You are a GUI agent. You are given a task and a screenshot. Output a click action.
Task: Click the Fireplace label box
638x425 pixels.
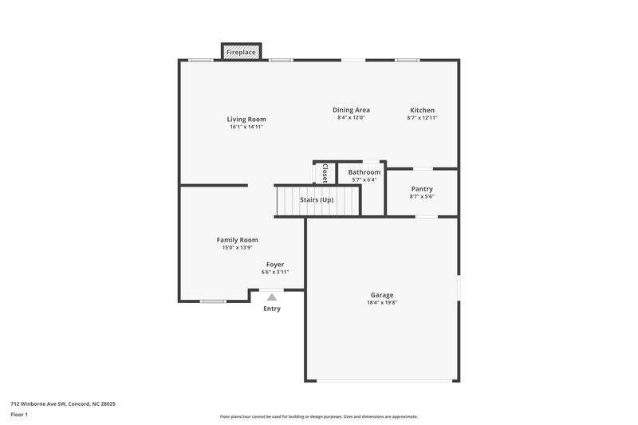pos(241,53)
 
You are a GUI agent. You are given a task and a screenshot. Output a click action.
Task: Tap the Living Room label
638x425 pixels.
pos(246,120)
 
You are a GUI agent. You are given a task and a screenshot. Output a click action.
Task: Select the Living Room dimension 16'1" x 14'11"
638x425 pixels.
pos(246,127)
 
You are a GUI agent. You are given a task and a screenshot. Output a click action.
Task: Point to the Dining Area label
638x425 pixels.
pos(351,110)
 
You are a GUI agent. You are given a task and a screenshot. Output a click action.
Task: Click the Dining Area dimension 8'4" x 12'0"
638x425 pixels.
pos(351,118)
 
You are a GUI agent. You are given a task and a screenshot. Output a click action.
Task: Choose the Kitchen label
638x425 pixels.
pos(423,110)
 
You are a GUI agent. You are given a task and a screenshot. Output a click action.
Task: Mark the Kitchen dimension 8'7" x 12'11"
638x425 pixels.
pos(423,118)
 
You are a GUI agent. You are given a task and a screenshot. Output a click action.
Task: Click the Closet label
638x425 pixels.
pos(325,173)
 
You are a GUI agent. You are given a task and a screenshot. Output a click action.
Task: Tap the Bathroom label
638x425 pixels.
pos(364,172)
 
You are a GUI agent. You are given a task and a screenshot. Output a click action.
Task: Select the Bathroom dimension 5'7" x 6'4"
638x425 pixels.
pos(364,180)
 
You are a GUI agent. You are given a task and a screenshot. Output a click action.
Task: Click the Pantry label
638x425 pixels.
pos(422,189)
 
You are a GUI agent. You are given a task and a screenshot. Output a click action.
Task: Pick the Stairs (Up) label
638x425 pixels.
pos(317,199)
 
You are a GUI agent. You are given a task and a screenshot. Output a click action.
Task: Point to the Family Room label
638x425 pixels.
pos(238,240)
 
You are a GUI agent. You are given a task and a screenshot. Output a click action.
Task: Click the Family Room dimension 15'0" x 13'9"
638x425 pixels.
pos(238,248)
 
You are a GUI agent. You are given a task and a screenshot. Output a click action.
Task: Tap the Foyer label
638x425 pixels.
pos(275,265)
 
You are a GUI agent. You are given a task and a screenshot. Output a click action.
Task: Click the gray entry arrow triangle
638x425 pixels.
pos(272,297)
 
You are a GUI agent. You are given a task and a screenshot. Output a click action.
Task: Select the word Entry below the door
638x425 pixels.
pos(272,309)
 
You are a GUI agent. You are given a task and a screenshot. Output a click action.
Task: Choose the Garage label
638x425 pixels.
pos(382,295)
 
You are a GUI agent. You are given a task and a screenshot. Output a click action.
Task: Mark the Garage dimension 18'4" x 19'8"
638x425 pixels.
pos(382,303)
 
